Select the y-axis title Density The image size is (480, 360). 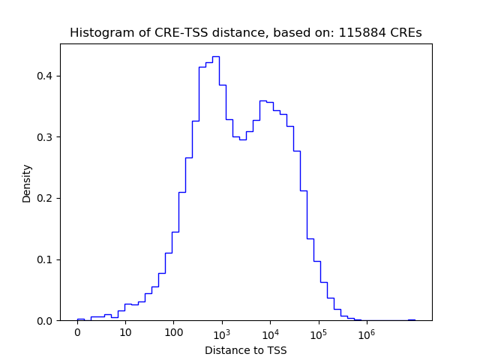(27, 183)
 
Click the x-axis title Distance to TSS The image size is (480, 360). (245, 350)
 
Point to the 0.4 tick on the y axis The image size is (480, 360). (46, 76)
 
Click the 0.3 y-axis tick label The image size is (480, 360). (46, 137)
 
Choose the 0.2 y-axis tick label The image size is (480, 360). (46, 199)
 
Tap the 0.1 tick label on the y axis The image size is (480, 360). (46, 259)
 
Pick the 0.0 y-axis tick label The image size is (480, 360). (46, 321)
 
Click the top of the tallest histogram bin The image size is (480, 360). (215, 56)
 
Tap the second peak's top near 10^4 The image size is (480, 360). (262, 100)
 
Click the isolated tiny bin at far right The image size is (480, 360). (411, 319)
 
